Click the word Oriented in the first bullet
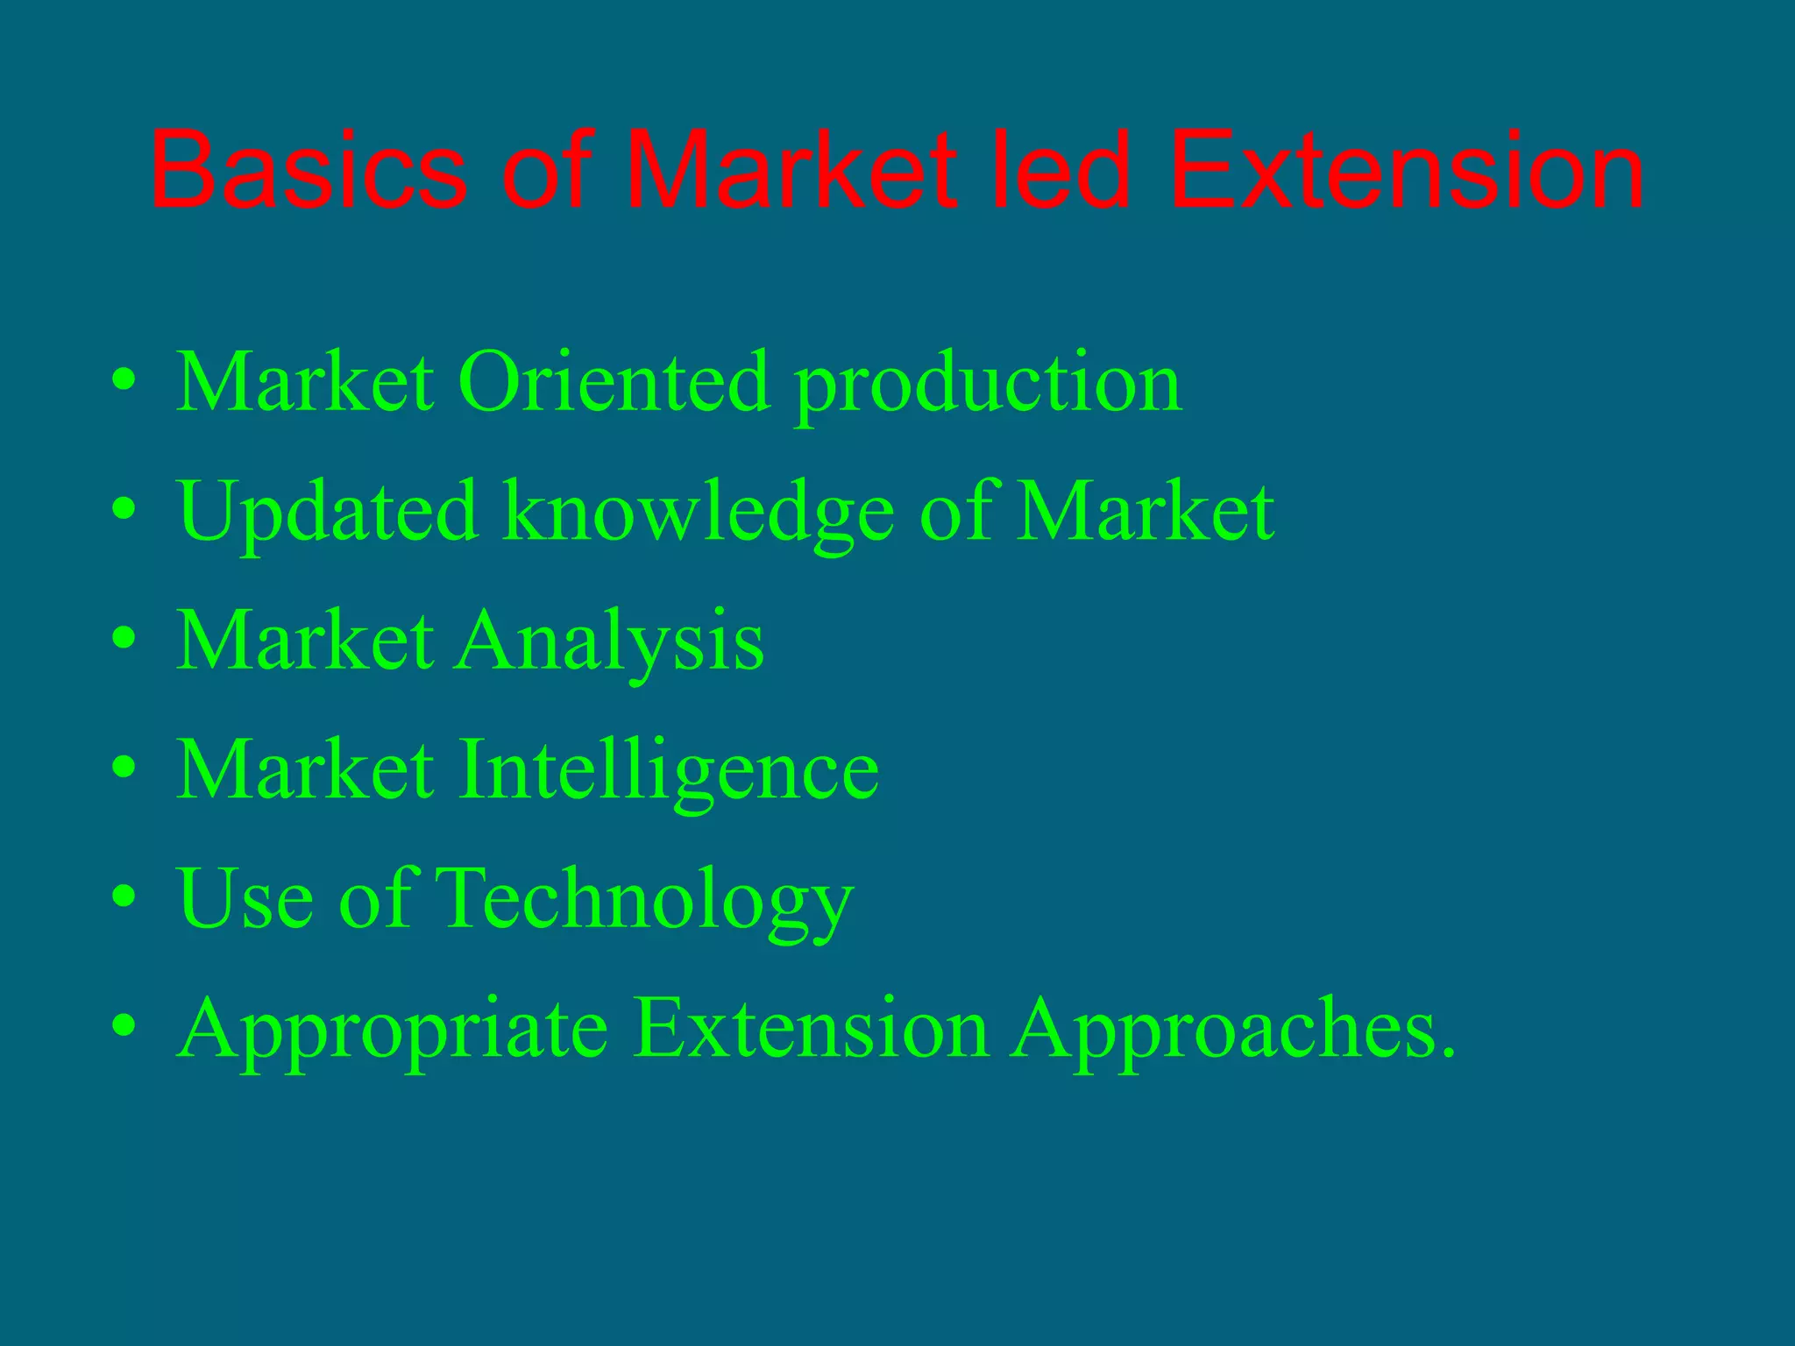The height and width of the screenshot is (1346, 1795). point(614,382)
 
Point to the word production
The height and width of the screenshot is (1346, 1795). point(988,386)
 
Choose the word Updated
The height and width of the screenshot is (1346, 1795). point(328,513)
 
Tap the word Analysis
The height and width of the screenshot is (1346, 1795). point(610,642)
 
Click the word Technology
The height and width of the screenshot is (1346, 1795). point(643,900)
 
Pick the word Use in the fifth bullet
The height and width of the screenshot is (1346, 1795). point(245,898)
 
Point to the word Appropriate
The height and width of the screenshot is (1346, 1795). point(392,1030)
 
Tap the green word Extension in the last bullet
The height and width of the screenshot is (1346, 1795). point(810,1027)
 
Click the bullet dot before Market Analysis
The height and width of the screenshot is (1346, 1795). point(124,638)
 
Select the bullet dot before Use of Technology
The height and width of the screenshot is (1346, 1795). point(124,896)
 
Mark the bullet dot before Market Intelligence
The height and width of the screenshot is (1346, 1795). point(124,768)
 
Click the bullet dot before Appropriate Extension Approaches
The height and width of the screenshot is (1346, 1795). point(124,1025)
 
